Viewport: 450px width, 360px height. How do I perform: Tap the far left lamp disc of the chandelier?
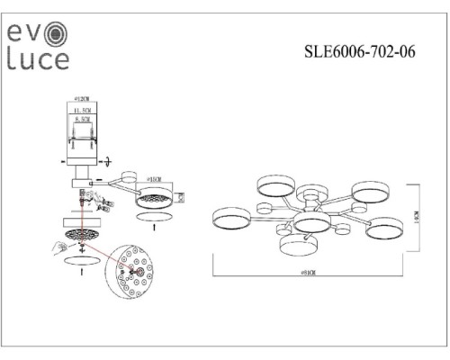[231, 218]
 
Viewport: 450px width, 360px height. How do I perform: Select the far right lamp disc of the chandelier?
[385, 226]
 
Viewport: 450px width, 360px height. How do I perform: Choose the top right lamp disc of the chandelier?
[370, 191]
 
